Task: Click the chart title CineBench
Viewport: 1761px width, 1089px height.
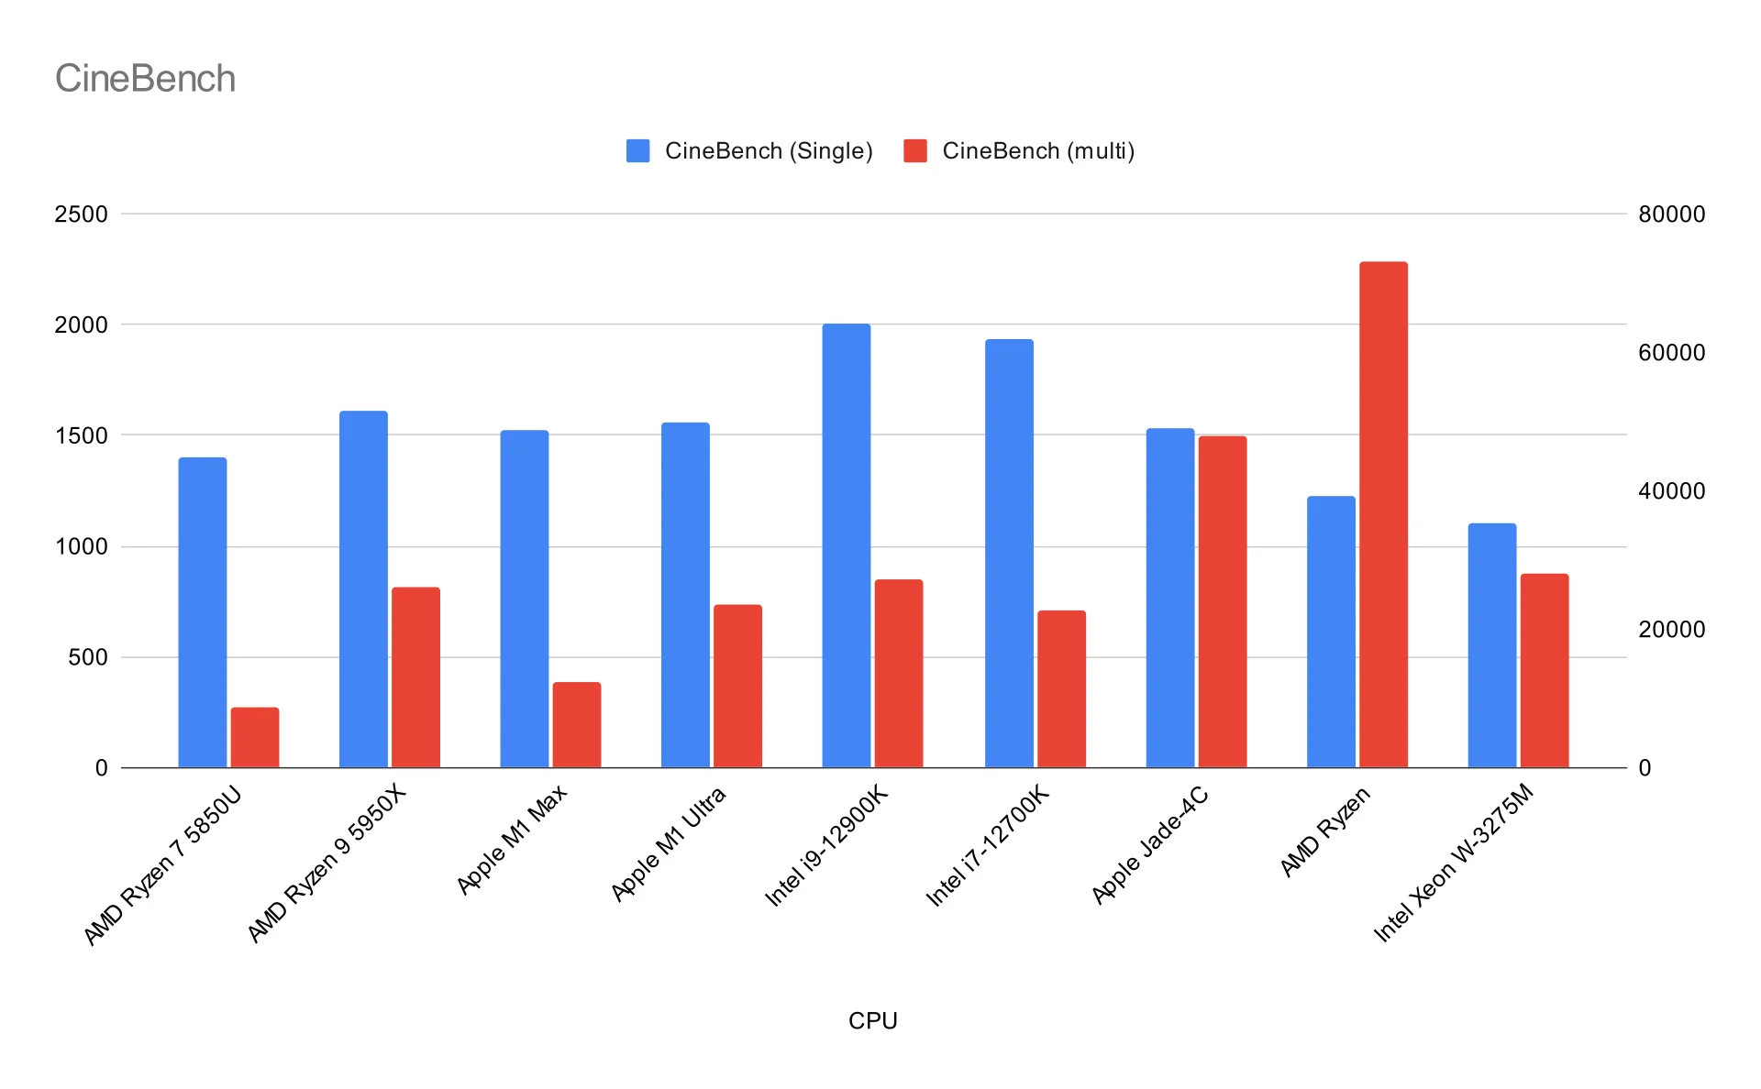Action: pos(145,79)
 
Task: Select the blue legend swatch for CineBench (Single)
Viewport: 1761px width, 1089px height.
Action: pos(637,150)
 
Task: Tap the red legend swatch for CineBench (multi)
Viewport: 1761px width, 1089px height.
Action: pos(914,150)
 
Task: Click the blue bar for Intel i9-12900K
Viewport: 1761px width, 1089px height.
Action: pos(846,545)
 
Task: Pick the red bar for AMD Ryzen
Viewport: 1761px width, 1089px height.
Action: pos(1383,514)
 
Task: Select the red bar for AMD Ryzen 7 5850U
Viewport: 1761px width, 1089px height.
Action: pos(255,737)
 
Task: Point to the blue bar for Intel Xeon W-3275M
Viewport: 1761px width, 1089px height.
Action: pos(1491,645)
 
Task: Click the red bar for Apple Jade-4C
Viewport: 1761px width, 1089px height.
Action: pos(1223,601)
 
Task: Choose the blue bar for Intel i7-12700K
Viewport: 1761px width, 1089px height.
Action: pos(1009,553)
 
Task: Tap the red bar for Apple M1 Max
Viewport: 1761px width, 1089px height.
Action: pos(577,724)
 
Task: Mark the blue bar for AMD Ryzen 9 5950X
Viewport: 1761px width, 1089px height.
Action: pos(363,588)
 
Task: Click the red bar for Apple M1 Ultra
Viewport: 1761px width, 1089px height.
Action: pos(737,686)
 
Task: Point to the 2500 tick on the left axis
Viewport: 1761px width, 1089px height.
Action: pos(81,214)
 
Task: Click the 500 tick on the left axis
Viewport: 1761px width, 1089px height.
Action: pos(88,657)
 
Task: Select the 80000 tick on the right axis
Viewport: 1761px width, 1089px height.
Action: pos(1671,214)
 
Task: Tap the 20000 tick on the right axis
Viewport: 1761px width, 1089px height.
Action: pos(1671,630)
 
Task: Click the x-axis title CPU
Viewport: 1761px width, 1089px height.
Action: pos(872,1020)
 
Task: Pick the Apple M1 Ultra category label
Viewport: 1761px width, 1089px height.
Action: pos(669,843)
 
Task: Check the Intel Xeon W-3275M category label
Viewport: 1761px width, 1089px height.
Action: pos(1453,863)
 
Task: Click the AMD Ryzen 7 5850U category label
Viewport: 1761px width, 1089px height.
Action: pos(162,864)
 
